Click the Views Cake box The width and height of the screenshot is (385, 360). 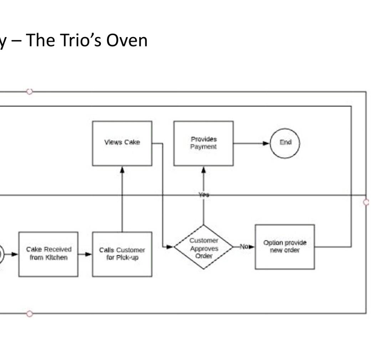click(x=122, y=143)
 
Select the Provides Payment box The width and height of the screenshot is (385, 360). click(x=204, y=143)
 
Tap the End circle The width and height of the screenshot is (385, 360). click(x=285, y=143)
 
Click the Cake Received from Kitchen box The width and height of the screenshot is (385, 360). click(x=48, y=254)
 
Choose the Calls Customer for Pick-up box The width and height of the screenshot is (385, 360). click(x=122, y=254)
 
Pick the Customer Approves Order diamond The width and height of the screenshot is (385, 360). click(x=204, y=247)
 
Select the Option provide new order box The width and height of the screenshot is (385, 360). click(x=285, y=247)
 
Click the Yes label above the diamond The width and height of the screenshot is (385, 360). click(x=204, y=195)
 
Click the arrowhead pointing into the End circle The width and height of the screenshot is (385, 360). click(x=266, y=143)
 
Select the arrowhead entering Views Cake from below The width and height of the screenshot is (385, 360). click(x=122, y=170)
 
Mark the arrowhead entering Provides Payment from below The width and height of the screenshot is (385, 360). click(x=204, y=170)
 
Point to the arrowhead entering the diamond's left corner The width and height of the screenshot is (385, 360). click(x=170, y=247)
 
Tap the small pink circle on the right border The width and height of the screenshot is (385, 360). click(x=366, y=202)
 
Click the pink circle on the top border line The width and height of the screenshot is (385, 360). click(x=30, y=92)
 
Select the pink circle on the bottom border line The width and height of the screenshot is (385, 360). click(x=30, y=314)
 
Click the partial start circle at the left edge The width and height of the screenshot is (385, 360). click(x=1, y=254)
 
